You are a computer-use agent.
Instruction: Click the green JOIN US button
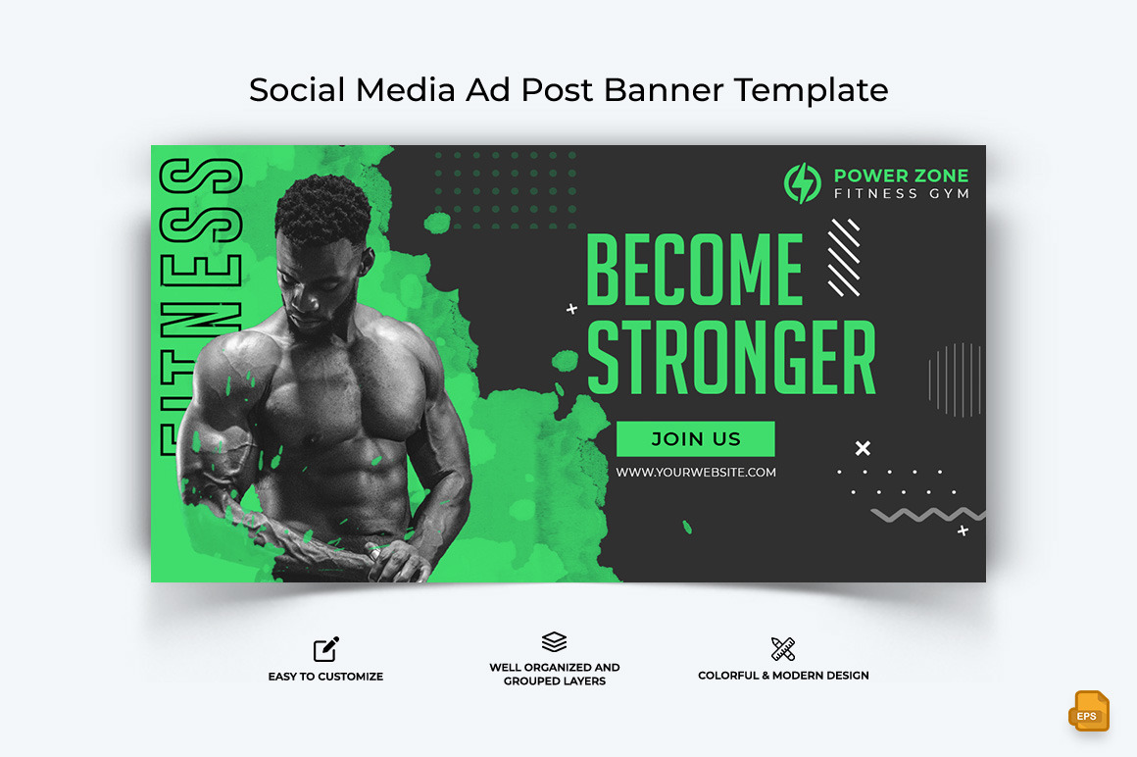click(x=695, y=439)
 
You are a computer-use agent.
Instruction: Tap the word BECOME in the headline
click(x=694, y=270)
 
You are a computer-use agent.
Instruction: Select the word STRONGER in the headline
click(x=730, y=358)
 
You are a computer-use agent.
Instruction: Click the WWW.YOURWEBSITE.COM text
click(x=696, y=473)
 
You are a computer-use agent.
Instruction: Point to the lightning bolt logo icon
click(x=803, y=184)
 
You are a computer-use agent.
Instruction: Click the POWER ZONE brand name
click(x=901, y=176)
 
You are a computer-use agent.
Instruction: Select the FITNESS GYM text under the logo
click(x=901, y=194)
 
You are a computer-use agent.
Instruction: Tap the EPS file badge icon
click(x=1088, y=712)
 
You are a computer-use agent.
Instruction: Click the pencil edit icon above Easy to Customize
click(x=326, y=649)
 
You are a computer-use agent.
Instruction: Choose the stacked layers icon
click(x=555, y=642)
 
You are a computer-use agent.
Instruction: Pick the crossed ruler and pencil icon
click(x=783, y=649)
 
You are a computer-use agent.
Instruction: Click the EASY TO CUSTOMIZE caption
click(x=325, y=677)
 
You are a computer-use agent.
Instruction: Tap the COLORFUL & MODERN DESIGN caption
click(x=783, y=676)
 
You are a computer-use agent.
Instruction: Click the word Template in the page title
click(x=812, y=90)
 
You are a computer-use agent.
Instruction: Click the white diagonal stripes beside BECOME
click(x=843, y=257)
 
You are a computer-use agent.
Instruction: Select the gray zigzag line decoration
click(x=926, y=515)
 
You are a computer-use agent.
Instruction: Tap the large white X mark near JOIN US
click(x=863, y=448)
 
